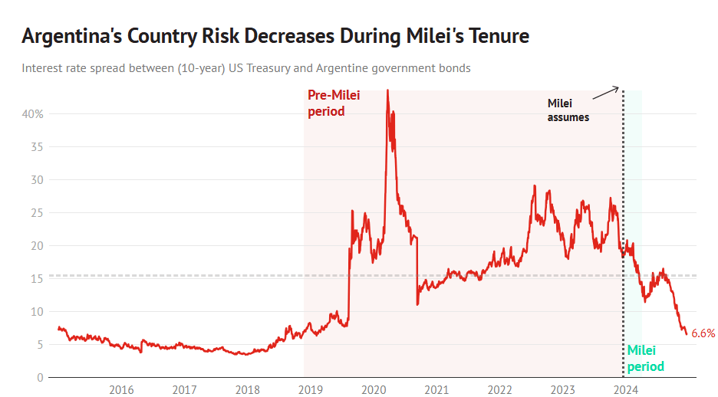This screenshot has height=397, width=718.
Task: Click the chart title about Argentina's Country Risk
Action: tap(275, 36)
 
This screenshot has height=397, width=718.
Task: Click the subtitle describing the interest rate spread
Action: tap(245, 68)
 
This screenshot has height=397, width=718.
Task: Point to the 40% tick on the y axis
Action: tap(32, 113)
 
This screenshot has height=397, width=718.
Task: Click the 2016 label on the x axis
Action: tap(121, 389)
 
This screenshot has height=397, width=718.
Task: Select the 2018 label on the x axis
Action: tap(247, 389)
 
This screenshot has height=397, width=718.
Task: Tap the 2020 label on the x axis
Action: tap(374, 389)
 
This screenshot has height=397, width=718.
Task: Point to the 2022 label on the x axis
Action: tap(499, 389)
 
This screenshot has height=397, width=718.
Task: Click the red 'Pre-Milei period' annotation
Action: tap(334, 103)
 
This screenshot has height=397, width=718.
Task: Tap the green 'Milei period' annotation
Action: tap(645, 358)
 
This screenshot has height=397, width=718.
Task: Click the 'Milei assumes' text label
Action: tap(568, 110)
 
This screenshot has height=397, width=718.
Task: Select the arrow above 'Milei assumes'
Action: tap(606, 92)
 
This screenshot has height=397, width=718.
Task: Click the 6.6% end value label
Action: tap(703, 333)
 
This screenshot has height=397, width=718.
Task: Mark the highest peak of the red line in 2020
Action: tap(387, 90)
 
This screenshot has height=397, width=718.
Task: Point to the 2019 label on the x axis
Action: tap(311, 389)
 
